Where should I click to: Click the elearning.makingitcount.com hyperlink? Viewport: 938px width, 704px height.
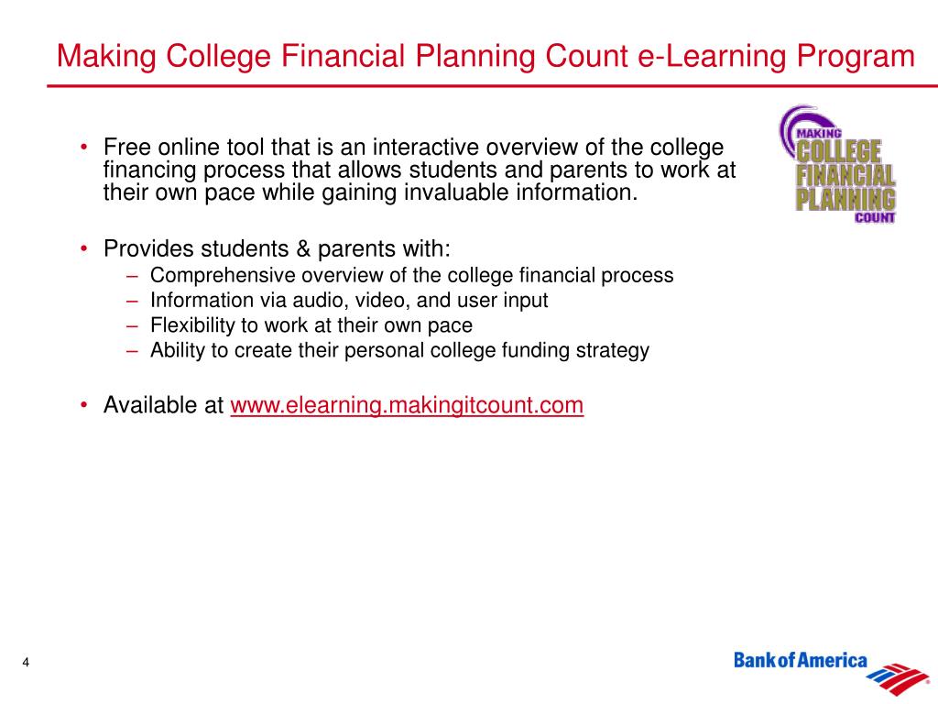(407, 405)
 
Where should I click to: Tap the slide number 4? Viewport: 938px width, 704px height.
(27, 664)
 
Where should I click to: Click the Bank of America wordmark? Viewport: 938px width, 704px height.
(801, 661)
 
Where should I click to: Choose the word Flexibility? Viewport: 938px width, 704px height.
(188, 324)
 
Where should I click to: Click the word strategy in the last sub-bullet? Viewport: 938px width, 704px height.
(617, 349)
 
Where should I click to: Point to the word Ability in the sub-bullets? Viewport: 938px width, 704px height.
(173, 349)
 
